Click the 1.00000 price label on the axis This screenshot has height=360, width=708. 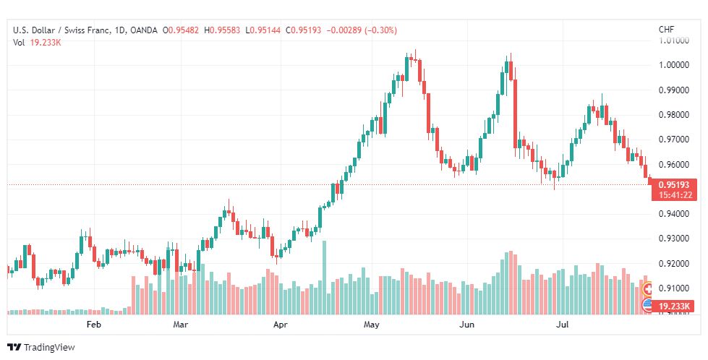(674, 65)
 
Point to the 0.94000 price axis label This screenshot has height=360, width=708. (674, 214)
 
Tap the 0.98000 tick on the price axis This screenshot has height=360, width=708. (674, 115)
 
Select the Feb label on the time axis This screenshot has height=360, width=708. (93, 325)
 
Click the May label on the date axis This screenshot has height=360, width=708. (372, 325)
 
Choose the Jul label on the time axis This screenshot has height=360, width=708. (562, 325)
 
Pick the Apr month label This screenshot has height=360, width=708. (281, 325)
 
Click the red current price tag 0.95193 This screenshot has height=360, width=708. (674, 185)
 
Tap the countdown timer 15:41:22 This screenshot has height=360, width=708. (675, 195)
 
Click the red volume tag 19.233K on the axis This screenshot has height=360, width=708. (674, 307)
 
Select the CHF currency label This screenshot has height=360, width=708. (667, 30)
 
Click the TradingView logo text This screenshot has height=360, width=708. (49, 348)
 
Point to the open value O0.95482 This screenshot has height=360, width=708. (181, 30)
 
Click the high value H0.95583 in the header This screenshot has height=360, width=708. (222, 30)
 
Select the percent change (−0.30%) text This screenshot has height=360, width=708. (378, 30)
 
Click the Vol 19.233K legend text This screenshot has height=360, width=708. (37, 43)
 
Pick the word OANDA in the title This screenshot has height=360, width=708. (144, 30)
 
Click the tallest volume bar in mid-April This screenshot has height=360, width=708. (324, 278)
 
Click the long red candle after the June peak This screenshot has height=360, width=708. (515, 113)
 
